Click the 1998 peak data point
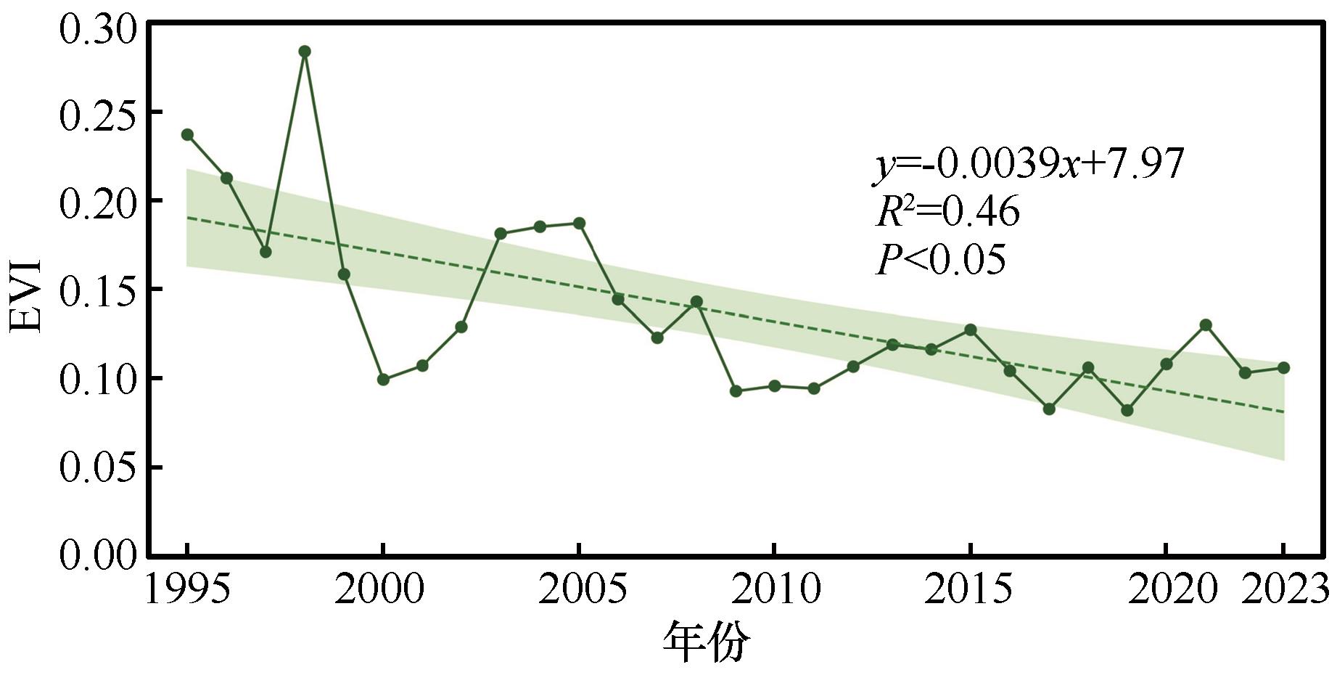305,52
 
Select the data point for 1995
187,135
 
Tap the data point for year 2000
383,380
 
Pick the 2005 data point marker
579,224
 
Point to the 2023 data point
1283,368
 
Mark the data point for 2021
1206,325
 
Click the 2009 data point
736,391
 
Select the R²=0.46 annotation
947,212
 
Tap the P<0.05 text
941,260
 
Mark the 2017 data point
1049,409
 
